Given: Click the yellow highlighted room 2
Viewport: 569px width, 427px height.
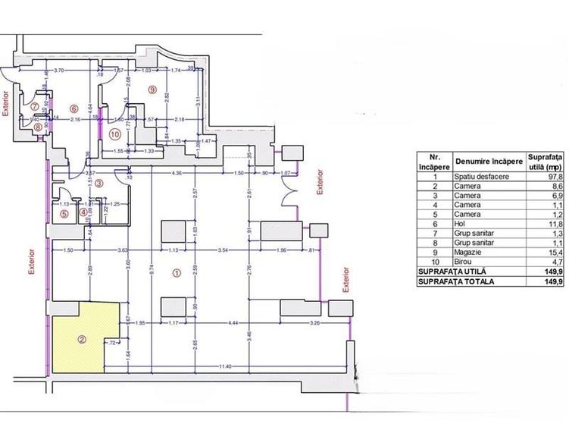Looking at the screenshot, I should click(83, 338).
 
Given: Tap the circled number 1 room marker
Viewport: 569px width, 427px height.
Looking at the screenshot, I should click(177, 274).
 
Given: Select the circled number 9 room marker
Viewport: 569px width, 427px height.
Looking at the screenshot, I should click(152, 89).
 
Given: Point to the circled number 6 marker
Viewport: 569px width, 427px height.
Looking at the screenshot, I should click(74, 108).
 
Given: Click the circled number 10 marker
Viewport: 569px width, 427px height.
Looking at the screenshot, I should click(114, 134).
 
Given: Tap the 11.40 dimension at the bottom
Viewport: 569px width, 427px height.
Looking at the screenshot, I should click(220, 367).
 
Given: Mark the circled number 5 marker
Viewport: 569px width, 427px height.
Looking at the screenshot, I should click(64, 214).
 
